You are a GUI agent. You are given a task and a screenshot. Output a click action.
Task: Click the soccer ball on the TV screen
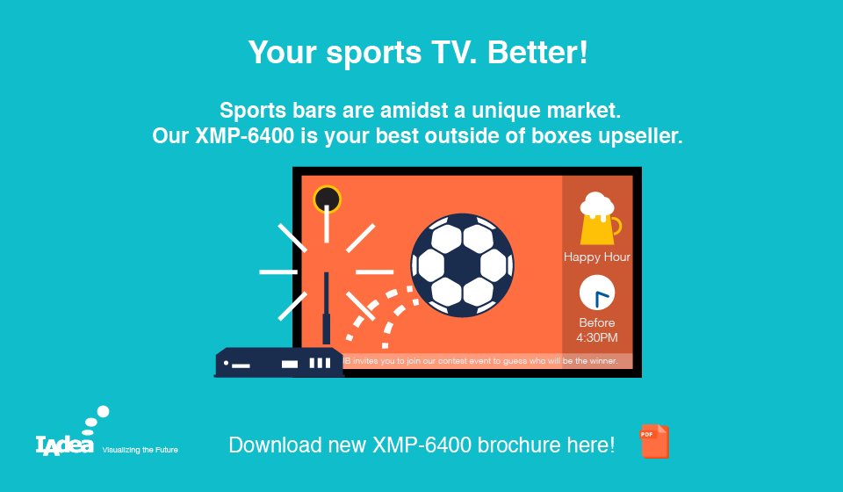[x=463, y=265]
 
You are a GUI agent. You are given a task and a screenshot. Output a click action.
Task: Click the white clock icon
[x=597, y=293]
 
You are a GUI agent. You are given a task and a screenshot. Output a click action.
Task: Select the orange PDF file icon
[x=654, y=441]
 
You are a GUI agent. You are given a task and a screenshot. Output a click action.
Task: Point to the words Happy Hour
[x=597, y=257]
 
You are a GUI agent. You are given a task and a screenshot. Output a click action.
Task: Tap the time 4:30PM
[x=597, y=337]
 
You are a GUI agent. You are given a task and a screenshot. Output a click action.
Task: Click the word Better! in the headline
[x=537, y=52]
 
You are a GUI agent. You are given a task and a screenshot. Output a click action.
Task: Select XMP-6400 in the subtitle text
[x=245, y=135]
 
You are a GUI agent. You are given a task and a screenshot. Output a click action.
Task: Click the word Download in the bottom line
[x=275, y=445]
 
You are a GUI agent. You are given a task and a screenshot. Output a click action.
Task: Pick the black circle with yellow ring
[x=327, y=199]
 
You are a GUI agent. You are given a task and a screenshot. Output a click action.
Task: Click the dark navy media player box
[x=279, y=363]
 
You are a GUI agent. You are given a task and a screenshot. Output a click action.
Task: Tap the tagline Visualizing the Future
[x=140, y=450]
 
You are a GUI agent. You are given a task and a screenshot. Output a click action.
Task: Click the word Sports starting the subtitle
[x=253, y=111]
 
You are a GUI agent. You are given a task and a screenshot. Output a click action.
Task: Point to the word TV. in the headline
[x=454, y=52]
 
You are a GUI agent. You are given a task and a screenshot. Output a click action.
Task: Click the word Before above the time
[x=597, y=322]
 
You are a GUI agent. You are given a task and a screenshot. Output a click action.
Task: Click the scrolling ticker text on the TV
[x=480, y=361]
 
